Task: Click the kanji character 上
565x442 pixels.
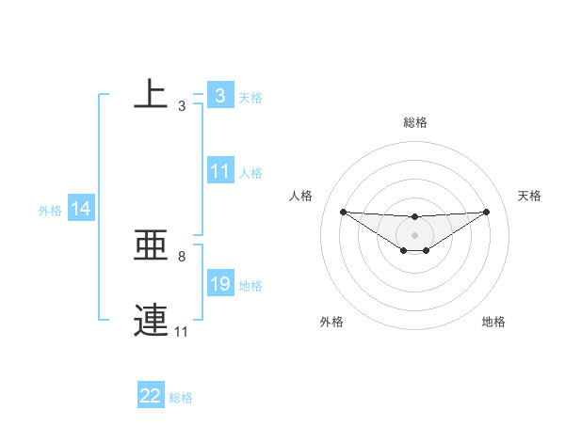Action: tap(151, 94)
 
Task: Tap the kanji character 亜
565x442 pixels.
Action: tap(151, 247)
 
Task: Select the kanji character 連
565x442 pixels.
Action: tap(151, 320)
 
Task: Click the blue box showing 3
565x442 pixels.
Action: tap(219, 95)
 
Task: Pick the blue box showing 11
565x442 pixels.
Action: tap(220, 171)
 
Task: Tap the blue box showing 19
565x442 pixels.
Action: tap(220, 284)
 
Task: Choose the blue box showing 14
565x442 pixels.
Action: tap(81, 209)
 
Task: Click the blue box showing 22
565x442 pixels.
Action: tap(151, 396)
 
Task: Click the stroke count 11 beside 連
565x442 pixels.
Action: tap(181, 332)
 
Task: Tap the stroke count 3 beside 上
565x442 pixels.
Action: tap(181, 107)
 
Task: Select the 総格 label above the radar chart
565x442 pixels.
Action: tap(414, 122)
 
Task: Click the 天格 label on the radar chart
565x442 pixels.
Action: tap(529, 196)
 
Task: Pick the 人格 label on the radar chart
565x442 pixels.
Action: tap(300, 196)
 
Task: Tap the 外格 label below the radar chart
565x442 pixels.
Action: tap(331, 323)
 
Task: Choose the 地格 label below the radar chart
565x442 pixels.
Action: tap(493, 323)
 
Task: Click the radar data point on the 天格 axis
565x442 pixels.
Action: tap(486, 212)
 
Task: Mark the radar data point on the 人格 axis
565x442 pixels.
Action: tap(343, 212)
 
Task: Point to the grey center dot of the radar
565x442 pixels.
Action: tap(414, 234)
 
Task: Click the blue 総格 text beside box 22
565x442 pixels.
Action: tap(181, 398)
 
